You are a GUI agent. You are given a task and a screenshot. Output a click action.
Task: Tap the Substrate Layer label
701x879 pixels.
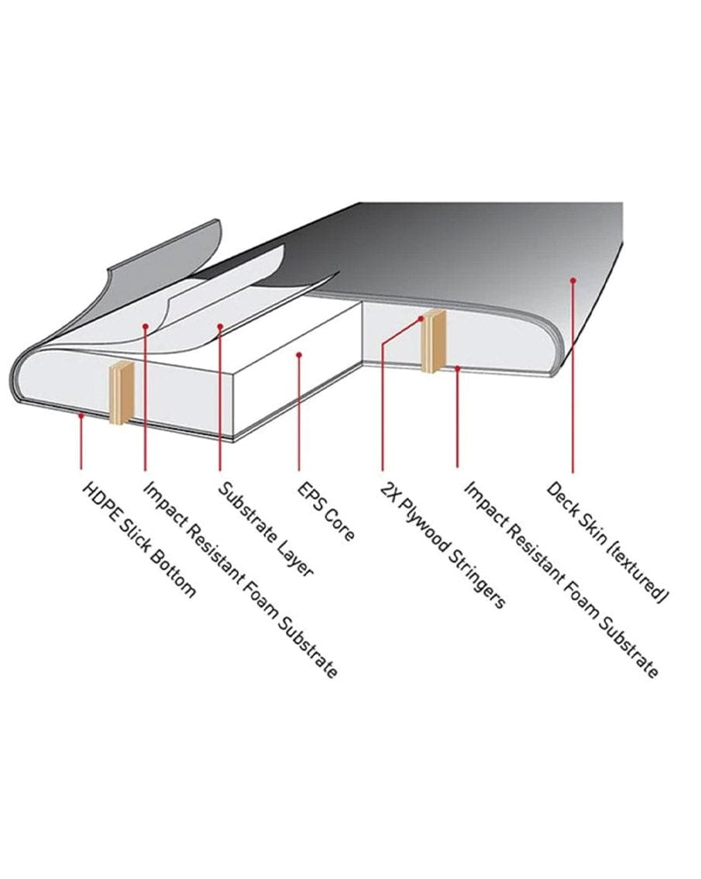point(266,529)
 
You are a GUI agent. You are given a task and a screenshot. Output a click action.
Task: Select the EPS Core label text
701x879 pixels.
point(325,511)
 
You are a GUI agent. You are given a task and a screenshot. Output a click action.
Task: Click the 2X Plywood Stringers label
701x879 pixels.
point(443,545)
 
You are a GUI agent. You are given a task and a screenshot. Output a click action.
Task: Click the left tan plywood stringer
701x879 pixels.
point(121,392)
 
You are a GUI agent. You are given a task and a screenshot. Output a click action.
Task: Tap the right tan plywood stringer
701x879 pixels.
point(433,341)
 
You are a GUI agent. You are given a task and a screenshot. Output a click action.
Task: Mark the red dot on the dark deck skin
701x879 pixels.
point(572,280)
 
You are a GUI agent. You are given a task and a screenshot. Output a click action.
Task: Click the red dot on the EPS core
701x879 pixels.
point(299,354)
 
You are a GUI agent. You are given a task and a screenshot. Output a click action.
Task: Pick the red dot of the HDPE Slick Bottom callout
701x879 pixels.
point(81,415)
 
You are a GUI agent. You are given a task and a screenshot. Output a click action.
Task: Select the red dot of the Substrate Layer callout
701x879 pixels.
point(220,326)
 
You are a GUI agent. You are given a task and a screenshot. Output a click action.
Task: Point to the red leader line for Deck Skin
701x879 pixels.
point(572,376)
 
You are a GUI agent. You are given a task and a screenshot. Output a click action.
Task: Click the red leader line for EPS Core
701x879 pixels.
point(299,412)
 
